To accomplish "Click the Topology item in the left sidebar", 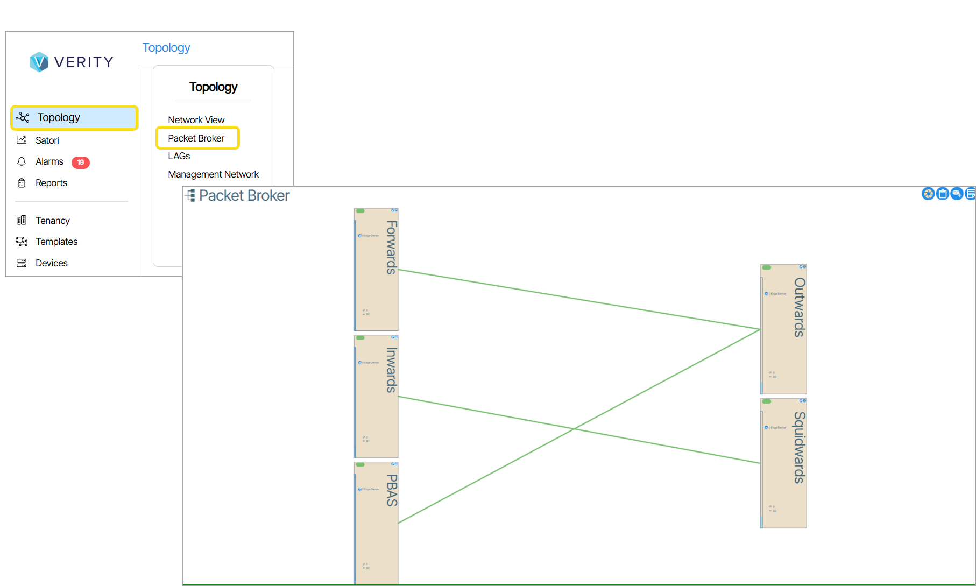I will (58, 117).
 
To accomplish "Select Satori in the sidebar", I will (47, 140).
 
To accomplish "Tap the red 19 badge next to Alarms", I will (81, 162).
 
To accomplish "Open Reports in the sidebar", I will (51, 183).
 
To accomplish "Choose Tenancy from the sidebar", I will (52, 221).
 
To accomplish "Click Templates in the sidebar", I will (56, 242).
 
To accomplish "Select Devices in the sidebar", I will (51, 263).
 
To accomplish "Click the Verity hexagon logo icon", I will (39, 62).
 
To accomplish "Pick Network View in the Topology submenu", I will (196, 120).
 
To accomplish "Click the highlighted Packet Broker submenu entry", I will (196, 138).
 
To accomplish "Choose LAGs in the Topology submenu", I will (179, 156).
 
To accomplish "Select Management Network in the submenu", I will (213, 174).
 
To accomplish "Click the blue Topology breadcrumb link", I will (166, 47).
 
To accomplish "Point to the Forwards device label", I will (392, 247).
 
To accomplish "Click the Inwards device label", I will (392, 370).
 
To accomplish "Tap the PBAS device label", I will (392, 490).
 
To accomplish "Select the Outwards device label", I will (800, 307).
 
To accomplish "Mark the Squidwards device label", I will (800, 447).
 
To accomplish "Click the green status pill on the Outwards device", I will (767, 267).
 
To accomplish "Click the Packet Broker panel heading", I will (244, 195).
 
